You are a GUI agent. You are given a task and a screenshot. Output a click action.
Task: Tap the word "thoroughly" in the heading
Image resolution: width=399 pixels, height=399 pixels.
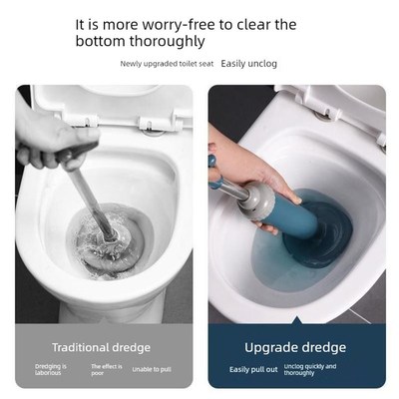169,42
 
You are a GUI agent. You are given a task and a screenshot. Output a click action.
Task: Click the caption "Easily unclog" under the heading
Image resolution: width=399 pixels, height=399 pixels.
249,63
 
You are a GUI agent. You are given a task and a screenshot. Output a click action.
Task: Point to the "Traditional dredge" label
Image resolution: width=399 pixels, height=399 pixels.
102,347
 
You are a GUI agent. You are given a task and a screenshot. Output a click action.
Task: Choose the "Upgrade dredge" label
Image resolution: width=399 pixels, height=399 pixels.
295,347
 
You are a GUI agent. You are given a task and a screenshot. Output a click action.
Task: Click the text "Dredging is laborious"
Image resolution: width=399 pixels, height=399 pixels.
49,370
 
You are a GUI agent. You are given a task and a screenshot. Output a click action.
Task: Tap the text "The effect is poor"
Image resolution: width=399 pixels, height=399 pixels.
105,370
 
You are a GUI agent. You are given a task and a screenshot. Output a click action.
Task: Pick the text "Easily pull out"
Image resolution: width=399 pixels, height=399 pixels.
251,368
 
